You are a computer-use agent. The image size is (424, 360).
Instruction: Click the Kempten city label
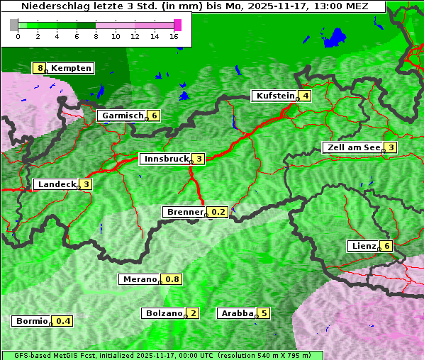(x=72, y=68)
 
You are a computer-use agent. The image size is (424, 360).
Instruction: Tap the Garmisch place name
(x=123, y=116)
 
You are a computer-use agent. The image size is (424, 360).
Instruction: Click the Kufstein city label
(x=276, y=96)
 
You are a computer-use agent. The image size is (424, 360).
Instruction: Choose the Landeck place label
(x=57, y=184)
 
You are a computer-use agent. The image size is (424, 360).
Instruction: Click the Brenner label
(x=184, y=212)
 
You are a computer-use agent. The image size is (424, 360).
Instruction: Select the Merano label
(x=139, y=279)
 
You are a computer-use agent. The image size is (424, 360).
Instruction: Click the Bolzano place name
(x=164, y=313)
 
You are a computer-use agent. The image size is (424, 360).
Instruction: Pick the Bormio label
(x=31, y=321)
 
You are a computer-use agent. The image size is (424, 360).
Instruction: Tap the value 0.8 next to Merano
(x=172, y=279)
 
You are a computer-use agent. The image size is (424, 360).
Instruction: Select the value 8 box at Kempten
(x=40, y=68)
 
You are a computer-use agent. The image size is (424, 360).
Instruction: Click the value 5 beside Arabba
(x=264, y=313)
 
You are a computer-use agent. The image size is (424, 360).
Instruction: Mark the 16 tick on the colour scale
(x=174, y=36)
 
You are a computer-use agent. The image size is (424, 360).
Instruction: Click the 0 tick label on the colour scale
(x=18, y=36)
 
